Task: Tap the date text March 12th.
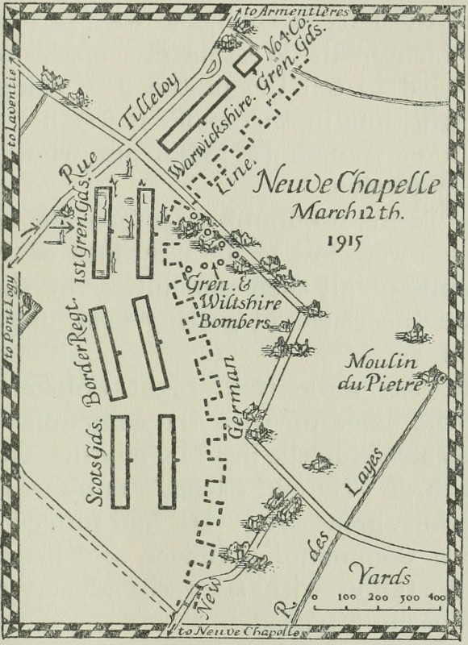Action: coord(345,214)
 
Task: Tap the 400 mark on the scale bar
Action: coord(436,597)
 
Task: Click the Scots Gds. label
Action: coord(97,460)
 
